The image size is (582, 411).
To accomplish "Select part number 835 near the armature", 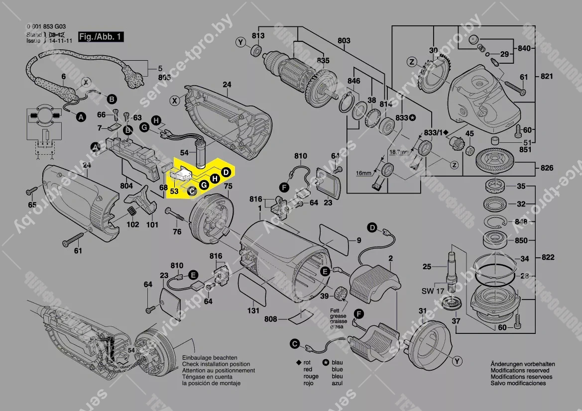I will pyautogui.click(x=323, y=60).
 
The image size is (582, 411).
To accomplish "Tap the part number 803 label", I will pyautogui.click(x=344, y=40).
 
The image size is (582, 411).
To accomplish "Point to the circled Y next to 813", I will pyautogui.click(x=241, y=43).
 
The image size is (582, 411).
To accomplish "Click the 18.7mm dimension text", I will pyautogui.click(x=399, y=151).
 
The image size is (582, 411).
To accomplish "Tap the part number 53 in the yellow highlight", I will pyautogui.click(x=174, y=190).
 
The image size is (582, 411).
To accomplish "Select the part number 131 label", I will pyautogui.click(x=253, y=311).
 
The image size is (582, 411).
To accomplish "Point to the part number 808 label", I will pyautogui.click(x=270, y=318).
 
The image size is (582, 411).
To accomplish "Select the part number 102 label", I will pyautogui.click(x=132, y=224).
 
